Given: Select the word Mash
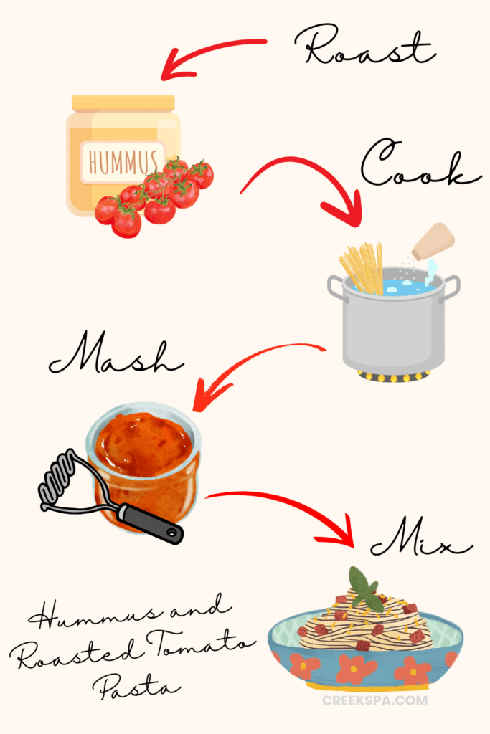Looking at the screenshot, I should click(x=116, y=358).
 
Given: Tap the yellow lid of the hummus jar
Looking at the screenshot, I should click(x=123, y=103).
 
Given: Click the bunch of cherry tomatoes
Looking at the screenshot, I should click(x=155, y=194).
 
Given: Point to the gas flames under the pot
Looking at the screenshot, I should click(x=393, y=376).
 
